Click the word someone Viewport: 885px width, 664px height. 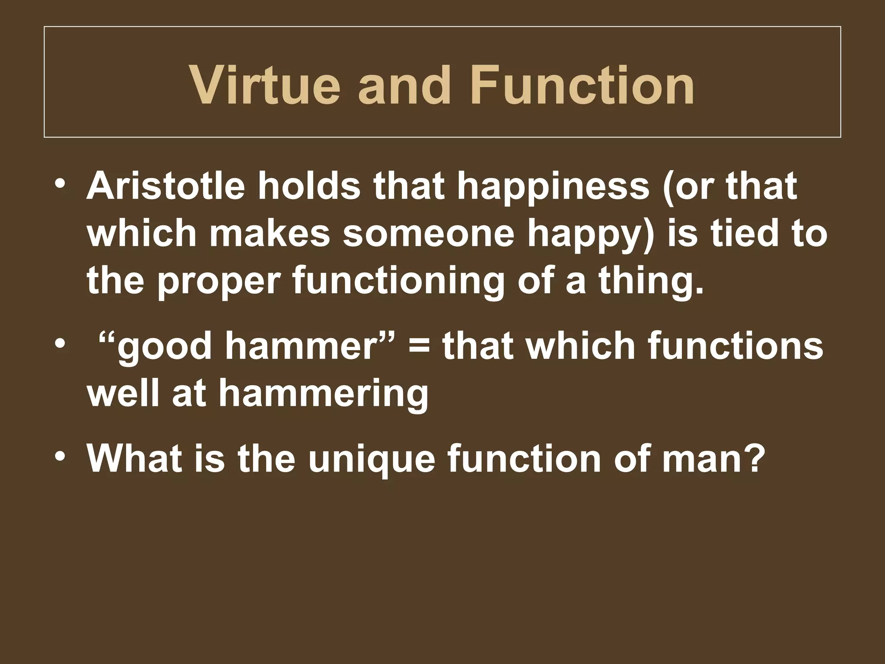click(428, 233)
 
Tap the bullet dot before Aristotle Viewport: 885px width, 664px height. click(60, 183)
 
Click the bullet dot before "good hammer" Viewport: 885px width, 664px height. click(60, 344)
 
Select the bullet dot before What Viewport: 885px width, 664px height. click(60, 456)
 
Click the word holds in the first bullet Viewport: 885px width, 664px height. click(309, 186)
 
